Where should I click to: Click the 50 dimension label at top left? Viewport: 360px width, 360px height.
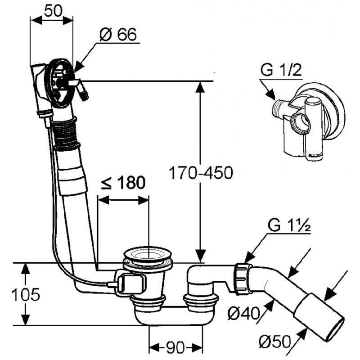coord(53,11)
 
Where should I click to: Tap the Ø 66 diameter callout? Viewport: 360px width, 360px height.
coord(118,35)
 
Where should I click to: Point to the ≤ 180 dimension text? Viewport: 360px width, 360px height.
coord(123,183)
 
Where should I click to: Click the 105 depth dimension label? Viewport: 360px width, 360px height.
coord(26,294)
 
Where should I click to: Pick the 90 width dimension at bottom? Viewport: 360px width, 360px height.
coord(175,347)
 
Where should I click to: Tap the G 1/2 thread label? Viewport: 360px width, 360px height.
coord(281,70)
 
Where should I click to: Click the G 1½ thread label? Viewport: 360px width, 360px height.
coord(289,225)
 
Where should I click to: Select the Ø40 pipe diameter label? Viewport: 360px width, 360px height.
coord(243,313)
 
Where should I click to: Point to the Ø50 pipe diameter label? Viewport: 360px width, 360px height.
coord(275,342)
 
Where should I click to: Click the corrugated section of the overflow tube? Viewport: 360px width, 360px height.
coord(65,133)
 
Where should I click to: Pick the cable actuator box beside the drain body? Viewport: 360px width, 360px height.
coord(131,284)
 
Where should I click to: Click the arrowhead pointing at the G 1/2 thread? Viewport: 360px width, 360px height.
coord(270,94)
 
